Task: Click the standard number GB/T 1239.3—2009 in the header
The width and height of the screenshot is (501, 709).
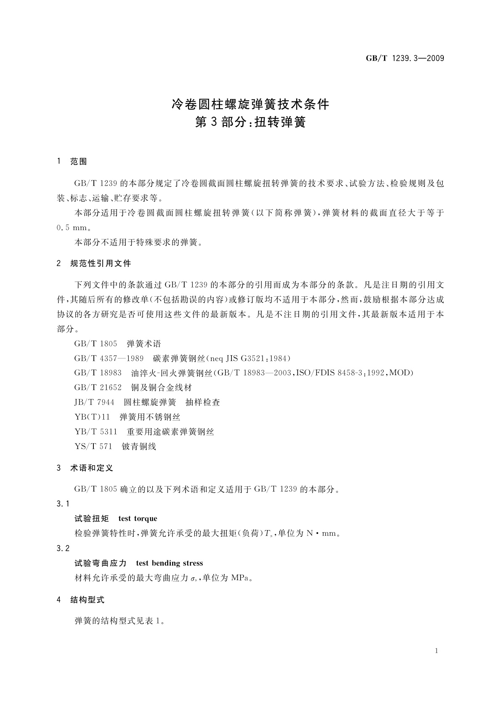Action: click(405, 59)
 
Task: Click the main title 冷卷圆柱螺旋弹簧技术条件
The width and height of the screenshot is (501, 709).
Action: click(250, 104)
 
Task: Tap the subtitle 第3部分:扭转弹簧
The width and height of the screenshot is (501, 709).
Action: click(250, 123)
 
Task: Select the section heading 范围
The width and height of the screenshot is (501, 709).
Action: click(79, 161)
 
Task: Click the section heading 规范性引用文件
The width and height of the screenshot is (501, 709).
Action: click(101, 264)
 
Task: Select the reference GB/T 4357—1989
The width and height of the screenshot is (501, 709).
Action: click(109, 358)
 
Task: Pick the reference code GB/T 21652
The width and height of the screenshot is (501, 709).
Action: click(98, 388)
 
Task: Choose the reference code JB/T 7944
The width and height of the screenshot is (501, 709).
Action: click(94, 402)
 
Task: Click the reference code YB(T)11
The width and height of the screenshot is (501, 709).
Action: click(92, 417)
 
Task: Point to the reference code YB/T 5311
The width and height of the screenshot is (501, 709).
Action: click(95, 432)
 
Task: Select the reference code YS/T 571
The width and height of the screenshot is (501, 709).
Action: click(93, 447)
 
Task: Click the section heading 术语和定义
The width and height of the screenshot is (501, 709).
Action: click(91, 468)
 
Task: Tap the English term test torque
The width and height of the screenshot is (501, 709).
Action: click(138, 519)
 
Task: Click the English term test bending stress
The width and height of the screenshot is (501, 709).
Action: click(170, 563)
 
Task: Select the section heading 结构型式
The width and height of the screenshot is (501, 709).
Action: click(87, 600)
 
